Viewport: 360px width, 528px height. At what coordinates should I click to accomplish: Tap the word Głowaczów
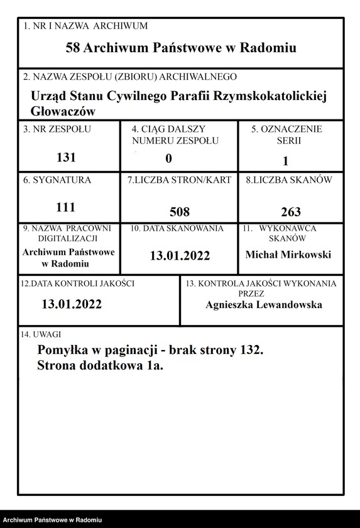pyautogui.click(x=63, y=111)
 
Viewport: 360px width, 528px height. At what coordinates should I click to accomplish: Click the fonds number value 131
pyautogui.click(x=66, y=158)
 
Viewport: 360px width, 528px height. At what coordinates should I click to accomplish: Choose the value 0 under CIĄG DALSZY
pyautogui.click(x=168, y=159)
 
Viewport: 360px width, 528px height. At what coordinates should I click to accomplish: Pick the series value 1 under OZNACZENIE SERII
pyautogui.click(x=285, y=161)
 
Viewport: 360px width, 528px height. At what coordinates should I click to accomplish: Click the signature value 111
pyautogui.click(x=66, y=207)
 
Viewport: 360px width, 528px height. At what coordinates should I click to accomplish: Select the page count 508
pyautogui.click(x=180, y=212)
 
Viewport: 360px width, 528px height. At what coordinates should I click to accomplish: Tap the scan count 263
pyautogui.click(x=290, y=212)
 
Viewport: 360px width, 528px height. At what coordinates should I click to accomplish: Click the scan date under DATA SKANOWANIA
pyautogui.click(x=180, y=256)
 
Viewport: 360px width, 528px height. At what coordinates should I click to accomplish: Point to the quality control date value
pyautogui.click(x=72, y=305)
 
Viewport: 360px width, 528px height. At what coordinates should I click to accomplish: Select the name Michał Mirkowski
pyautogui.click(x=288, y=255)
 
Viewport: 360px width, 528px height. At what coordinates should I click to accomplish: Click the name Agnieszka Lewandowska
pyautogui.click(x=264, y=305)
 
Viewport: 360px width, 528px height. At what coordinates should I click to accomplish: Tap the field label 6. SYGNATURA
pyautogui.click(x=57, y=180)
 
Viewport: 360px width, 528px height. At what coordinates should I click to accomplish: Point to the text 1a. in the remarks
pyautogui.click(x=153, y=365)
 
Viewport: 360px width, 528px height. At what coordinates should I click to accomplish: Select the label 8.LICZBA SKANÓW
pyautogui.click(x=289, y=180)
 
